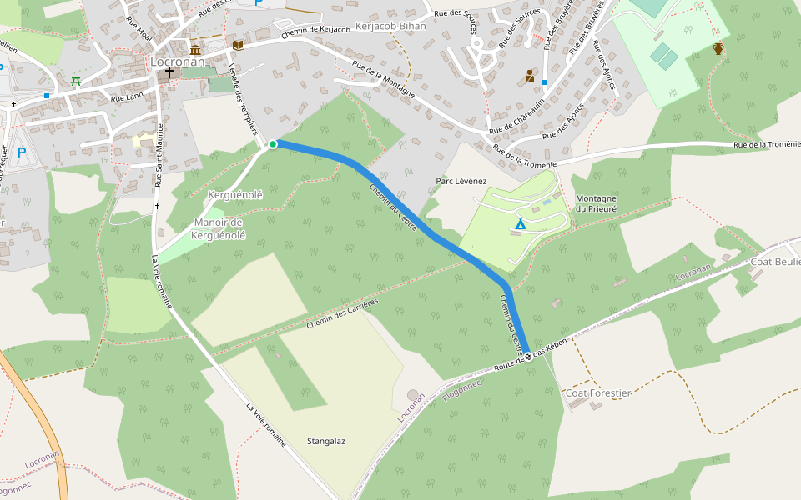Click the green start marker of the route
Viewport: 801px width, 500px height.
coord(272,144)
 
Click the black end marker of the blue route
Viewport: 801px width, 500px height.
coord(528,357)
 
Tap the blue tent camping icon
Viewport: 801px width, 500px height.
coord(521,223)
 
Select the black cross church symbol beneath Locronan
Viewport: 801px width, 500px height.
coord(169,73)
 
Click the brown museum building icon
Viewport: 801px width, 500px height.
coord(195,50)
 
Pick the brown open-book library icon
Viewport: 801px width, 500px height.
coord(239,44)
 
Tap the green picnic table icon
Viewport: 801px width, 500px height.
coord(76,82)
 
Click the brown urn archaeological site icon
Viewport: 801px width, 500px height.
coord(718,48)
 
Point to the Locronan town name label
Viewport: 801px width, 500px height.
coord(173,61)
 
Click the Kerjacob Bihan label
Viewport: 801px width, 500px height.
coord(390,26)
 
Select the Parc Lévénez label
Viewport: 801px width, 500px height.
coord(461,181)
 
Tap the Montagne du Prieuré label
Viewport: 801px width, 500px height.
coord(596,204)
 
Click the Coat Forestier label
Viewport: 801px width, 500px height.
coord(598,392)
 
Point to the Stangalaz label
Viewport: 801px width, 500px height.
coord(326,441)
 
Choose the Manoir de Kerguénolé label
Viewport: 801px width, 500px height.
coord(218,228)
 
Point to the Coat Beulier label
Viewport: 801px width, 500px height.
coord(776,262)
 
